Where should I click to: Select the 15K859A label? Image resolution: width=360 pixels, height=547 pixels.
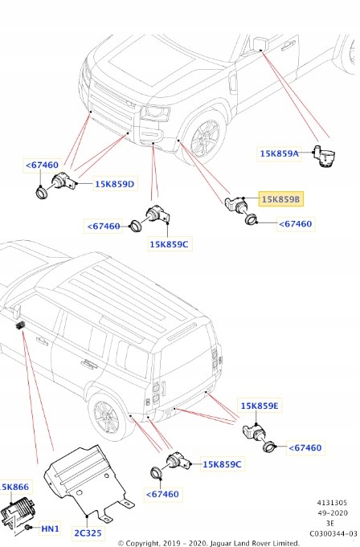279,153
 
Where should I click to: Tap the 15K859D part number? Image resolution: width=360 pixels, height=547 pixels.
115,184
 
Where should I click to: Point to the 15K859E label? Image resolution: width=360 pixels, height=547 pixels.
259,406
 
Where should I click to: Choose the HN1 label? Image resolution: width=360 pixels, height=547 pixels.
50,529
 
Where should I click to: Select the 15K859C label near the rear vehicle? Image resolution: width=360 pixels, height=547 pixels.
223,463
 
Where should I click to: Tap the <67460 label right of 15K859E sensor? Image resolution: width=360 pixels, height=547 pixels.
305,447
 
